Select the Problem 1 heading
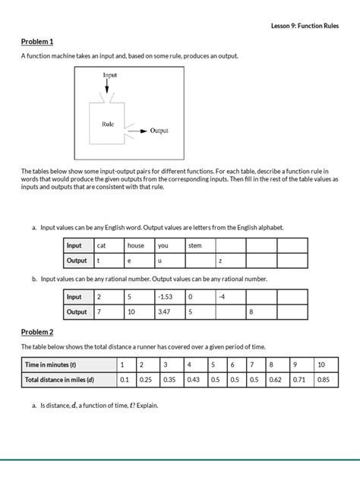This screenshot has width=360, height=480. coord(37,41)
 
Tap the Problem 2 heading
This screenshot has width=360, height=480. coord(37,332)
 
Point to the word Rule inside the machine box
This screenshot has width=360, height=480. coord(108,124)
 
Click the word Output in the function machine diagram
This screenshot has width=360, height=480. coord(159,131)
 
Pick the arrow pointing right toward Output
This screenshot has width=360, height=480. coord(137,131)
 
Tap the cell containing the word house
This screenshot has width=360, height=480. coord(139,245)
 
